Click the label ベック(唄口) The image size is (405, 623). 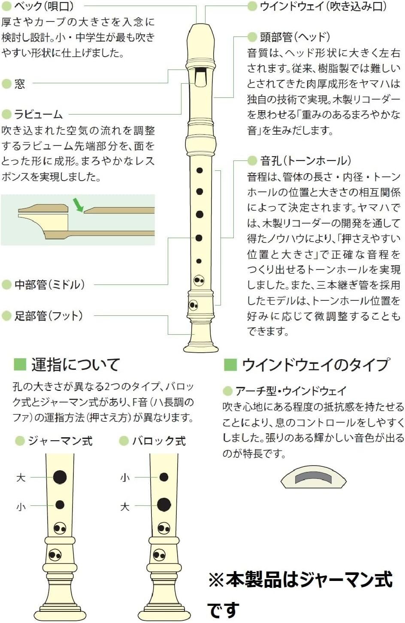click(44, 6)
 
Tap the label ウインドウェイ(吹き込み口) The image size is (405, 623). click(323, 6)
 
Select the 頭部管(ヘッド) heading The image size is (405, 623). click(295, 37)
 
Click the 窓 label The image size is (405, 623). click(19, 84)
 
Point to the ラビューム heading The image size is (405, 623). click(38, 114)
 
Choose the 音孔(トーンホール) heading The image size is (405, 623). click(305, 160)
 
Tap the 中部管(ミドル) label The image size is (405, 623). click(49, 284)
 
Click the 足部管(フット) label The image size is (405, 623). click(48, 316)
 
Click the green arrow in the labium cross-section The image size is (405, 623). click(78, 205)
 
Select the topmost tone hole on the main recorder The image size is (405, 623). click(199, 170)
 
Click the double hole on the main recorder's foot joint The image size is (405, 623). click(193, 305)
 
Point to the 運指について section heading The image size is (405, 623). click(76, 365)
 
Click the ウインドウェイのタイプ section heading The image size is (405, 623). click(315, 365)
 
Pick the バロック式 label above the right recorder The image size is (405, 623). click(159, 441)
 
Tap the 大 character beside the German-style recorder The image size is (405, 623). click(21, 478)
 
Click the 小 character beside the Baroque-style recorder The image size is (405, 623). click(125, 478)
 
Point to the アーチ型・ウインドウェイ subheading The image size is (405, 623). click(291, 391)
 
